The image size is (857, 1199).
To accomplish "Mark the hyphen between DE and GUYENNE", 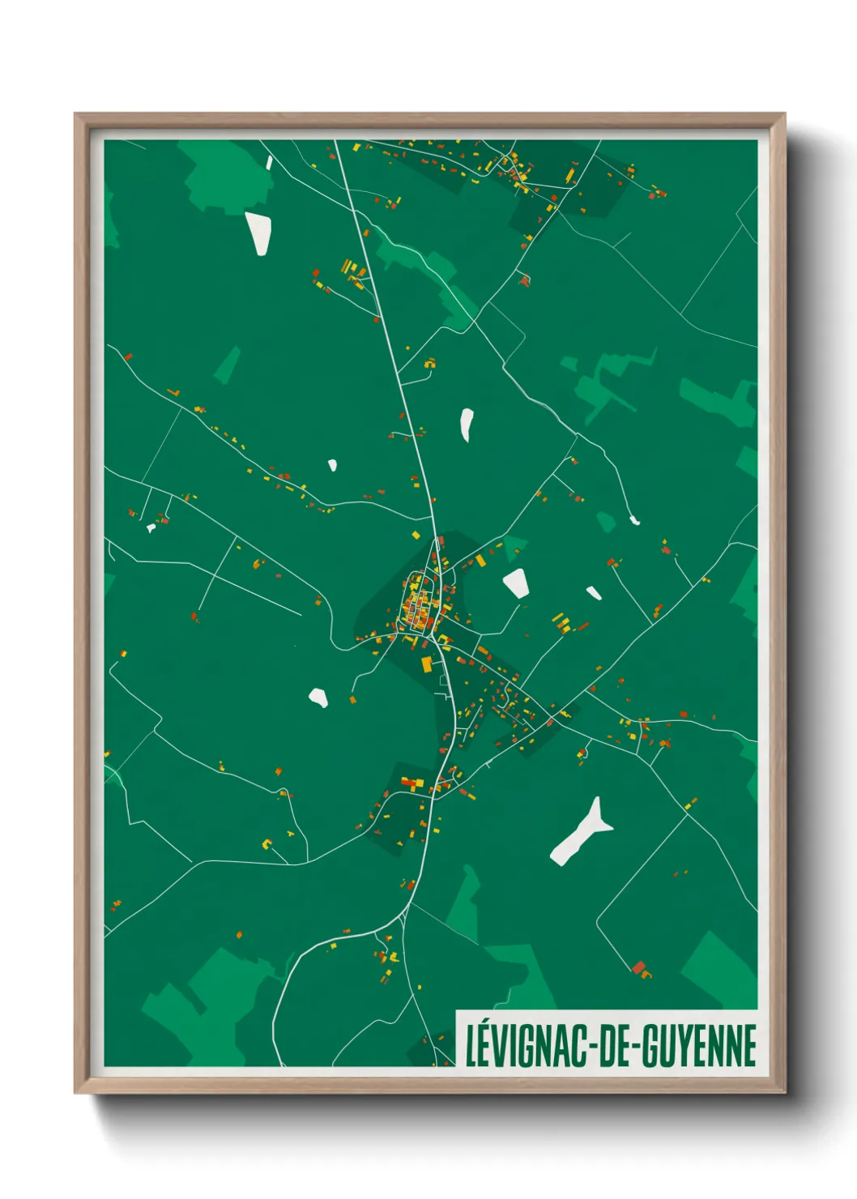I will tap(635, 1047).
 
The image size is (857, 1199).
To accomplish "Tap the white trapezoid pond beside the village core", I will tap(516, 582).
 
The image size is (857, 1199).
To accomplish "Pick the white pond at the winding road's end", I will tap(635, 520).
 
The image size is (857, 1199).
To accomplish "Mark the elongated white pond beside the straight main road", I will tap(467, 425).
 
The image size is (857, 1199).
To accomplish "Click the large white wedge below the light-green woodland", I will tap(258, 233).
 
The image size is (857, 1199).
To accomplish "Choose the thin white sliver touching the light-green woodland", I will tap(270, 163).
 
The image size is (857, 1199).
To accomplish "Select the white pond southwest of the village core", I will tap(318, 698).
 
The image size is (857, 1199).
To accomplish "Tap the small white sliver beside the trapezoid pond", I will tap(594, 593).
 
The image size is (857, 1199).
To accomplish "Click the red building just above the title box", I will tap(639, 966).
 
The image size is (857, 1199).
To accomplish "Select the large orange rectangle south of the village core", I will tap(427, 664).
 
